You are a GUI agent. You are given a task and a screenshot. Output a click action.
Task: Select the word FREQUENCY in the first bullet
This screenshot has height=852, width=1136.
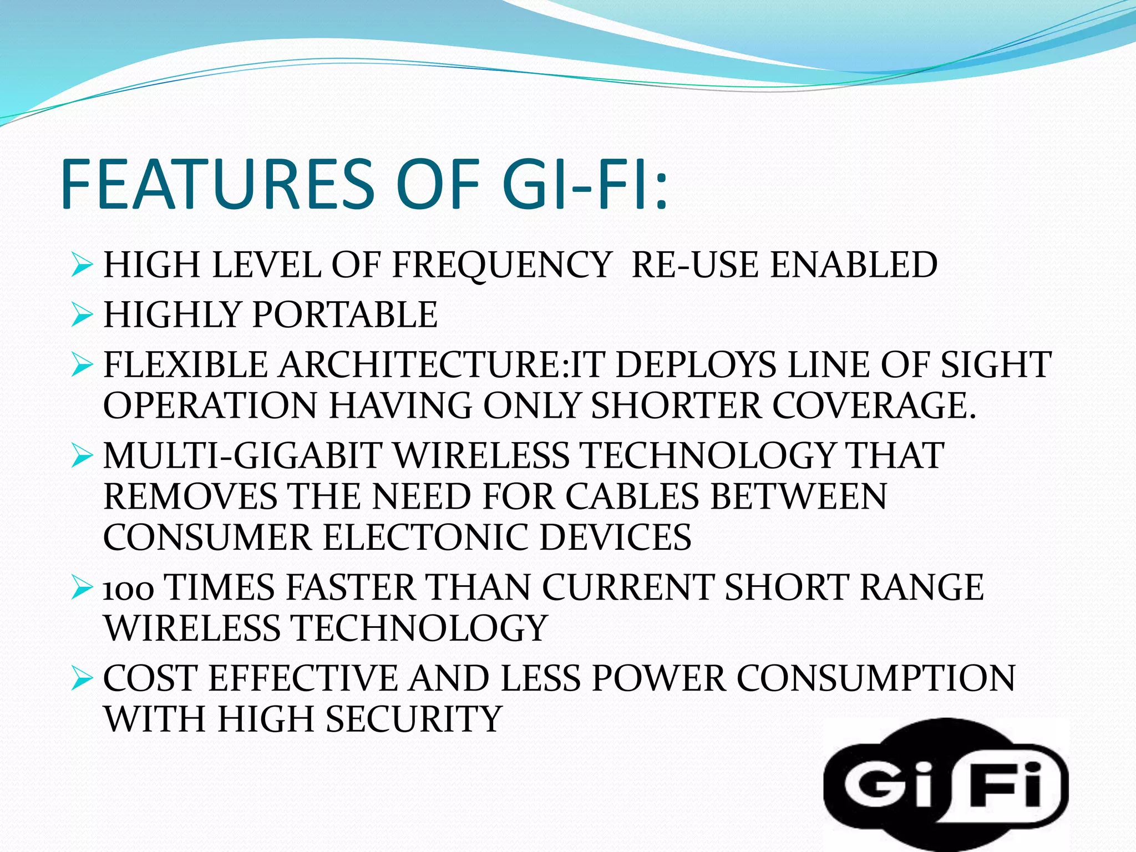[501, 265]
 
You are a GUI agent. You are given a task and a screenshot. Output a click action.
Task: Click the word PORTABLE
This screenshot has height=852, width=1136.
[344, 315]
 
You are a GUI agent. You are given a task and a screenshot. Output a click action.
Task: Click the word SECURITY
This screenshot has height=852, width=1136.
[414, 719]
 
